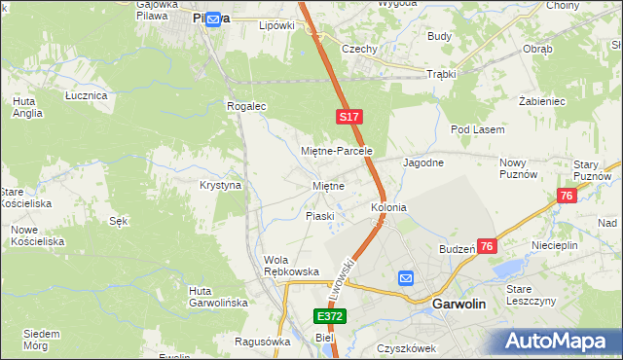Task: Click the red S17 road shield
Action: coord(350,117)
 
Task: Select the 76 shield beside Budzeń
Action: coord(488,246)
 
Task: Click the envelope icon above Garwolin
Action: coord(406,278)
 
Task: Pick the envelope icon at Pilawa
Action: coord(213,17)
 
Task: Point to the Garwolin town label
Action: coord(458,304)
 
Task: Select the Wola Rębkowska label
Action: coord(292,266)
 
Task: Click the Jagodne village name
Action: coord(424,162)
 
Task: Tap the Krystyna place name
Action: coord(220,185)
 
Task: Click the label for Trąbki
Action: coord(440,74)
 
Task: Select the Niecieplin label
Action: coord(555,245)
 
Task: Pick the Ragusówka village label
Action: coord(264,342)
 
